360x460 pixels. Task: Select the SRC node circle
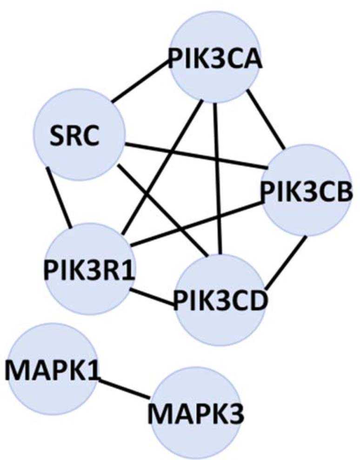point(80,135)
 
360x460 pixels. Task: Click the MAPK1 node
point(51,368)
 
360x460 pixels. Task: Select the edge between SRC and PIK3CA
point(139,80)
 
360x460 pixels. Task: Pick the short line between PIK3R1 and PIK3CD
point(153,298)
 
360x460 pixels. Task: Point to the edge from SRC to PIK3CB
point(195,155)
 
